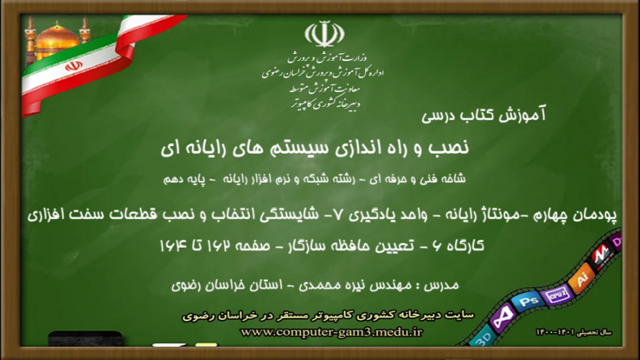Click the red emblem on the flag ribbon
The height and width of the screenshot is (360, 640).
pos(73,66)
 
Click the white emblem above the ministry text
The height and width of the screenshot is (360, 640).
pos(324,33)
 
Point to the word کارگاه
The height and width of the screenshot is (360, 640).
pos(464,245)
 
